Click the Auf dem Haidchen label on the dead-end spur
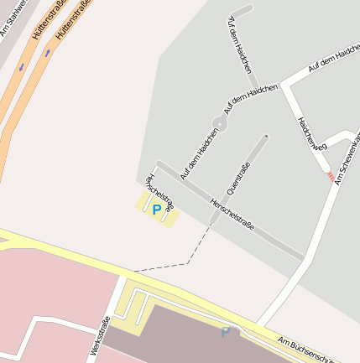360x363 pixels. [239, 47]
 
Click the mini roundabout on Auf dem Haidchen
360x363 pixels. [220, 124]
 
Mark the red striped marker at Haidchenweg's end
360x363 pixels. [331, 175]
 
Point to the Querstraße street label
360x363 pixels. [239, 178]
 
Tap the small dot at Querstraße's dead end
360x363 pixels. [266, 136]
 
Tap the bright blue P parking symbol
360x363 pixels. [156, 210]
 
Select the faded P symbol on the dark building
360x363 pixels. [226, 333]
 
